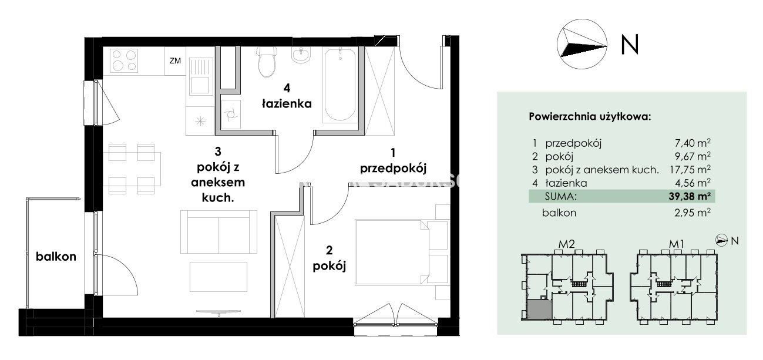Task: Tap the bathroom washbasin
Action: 301,55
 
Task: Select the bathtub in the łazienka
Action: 340,85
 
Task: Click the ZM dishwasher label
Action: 175,61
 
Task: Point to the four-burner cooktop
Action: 124,60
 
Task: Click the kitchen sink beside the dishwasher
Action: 200,76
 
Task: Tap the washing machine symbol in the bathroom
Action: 231,114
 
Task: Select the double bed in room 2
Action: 392,253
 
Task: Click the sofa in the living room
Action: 219,232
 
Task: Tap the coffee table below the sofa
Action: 219,277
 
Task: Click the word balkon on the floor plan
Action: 56,257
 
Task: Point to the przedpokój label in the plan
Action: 393,169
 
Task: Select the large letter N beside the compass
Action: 630,45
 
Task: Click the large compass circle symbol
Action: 582,44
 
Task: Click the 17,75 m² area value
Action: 690,169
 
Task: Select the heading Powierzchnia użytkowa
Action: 590,117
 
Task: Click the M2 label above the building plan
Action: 566,244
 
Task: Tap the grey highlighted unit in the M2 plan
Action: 539,309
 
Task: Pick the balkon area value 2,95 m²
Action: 693,213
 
